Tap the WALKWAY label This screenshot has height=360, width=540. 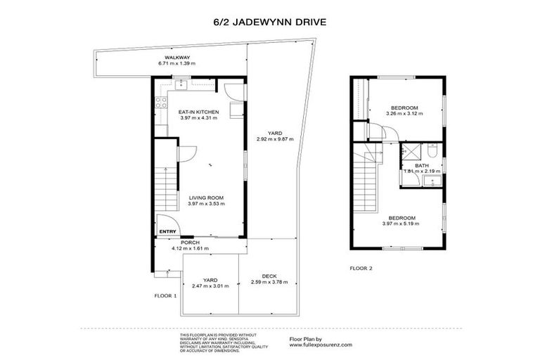point(177,58)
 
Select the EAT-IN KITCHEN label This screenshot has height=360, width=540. point(199,112)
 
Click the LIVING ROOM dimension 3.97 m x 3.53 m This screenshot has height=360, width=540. point(207,204)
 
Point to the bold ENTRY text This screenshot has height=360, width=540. point(167,231)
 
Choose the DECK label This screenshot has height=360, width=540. point(269,276)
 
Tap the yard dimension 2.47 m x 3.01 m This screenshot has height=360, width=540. point(210,286)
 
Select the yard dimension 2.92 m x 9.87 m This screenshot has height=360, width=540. point(275,139)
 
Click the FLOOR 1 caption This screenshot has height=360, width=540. point(165,296)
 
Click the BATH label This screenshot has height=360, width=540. point(422,165)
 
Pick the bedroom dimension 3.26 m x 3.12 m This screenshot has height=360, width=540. point(404,113)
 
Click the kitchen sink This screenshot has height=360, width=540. point(180,84)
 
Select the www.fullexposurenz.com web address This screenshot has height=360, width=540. point(321,345)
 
